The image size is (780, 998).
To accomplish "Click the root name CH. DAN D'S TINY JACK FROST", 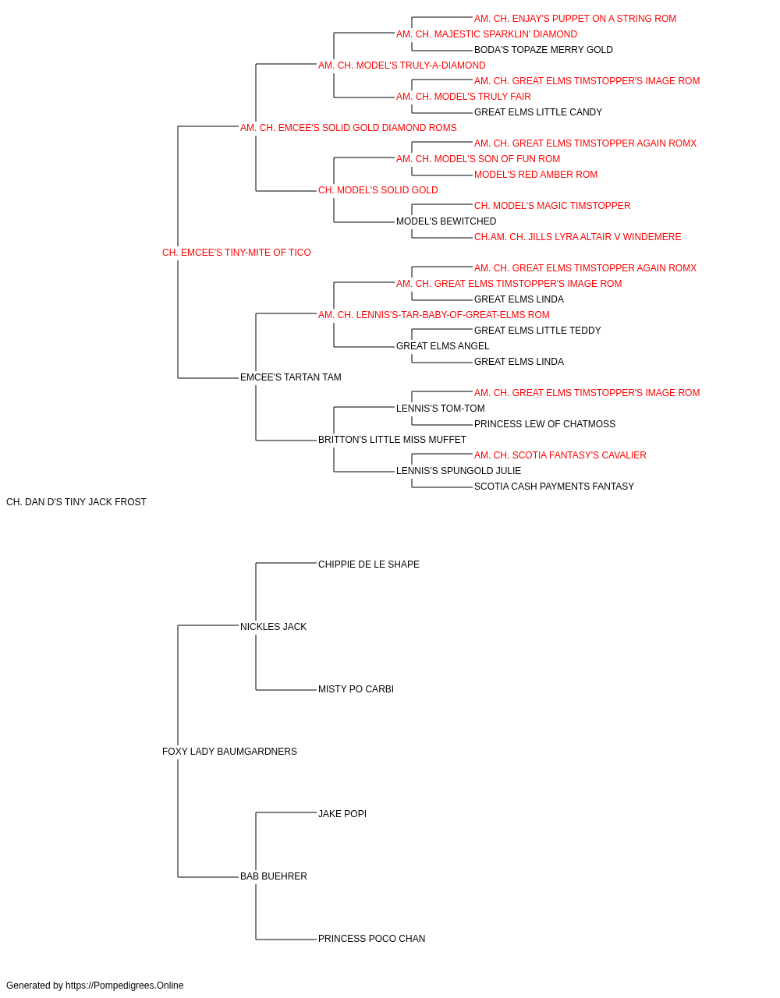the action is pyautogui.click(x=76, y=502).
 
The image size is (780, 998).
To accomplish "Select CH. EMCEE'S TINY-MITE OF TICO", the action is pyautogui.click(x=236, y=253).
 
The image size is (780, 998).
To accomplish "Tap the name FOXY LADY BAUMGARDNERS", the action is pyautogui.click(x=229, y=752).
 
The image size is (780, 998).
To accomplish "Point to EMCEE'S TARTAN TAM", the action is pyautogui.click(x=291, y=377).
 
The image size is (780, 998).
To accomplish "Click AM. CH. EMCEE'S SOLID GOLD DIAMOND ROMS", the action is pyautogui.click(x=349, y=128).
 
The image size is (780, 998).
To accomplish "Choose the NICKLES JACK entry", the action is pyautogui.click(x=273, y=626).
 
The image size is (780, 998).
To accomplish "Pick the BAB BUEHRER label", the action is pyautogui.click(x=274, y=876).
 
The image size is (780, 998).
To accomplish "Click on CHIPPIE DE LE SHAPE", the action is pyautogui.click(x=369, y=564).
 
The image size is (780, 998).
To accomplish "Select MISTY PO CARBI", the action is pyautogui.click(x=356, y=689).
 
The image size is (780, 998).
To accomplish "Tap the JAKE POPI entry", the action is pyautogui.click(x=342, y=814).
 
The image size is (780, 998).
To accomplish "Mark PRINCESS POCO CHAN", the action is pyautogui.click(x=371, y=939).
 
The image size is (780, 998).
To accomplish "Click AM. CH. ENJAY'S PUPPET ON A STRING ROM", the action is pyautogui.click(x=575, y=19).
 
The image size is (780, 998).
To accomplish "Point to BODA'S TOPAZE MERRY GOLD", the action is pyautogui.click(x=544, y=50).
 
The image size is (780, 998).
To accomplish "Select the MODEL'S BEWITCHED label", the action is pyautogui.click(x=446, y=221).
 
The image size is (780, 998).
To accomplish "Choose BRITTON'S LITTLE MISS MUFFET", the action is pyautogui.click(x=392, y=440).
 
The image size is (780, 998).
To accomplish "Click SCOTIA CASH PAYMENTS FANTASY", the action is pyautogui.click(x=554, y=487).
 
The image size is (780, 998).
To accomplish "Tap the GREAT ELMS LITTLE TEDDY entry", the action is pyautogui.click(x=537, y=331).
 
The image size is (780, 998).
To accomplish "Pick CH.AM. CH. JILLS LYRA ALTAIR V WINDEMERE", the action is pyautogui.click(x=577, y=237).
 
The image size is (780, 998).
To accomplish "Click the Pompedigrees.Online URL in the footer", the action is pyautogui.click(x=125, y=986).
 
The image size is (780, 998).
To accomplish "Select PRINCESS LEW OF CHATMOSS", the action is pyautogui.click(x=544, y=424).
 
